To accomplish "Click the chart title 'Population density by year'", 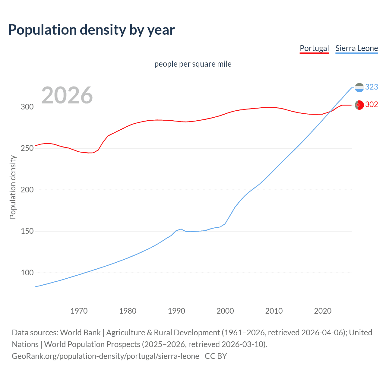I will [91, 30].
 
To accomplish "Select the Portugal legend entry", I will [314, 48].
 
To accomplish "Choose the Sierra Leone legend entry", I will [356, 48].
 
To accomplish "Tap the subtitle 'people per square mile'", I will [193, 64].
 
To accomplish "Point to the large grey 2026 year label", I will [67, 95].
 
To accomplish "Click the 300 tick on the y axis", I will [27, 107].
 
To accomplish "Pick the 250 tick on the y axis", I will [27, 148].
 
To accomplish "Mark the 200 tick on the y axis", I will [27, 190].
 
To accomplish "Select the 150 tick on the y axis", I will [27, 231].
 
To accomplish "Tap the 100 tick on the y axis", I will [27, 273].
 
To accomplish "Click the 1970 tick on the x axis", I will [79, 311].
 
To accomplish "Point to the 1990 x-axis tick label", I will [176, 311].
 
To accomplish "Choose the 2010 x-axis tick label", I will [274, 311].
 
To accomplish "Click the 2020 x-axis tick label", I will [323, 311].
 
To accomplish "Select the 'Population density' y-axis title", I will [13, 187].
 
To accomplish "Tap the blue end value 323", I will [372, 87].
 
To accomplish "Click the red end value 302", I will [372, 105].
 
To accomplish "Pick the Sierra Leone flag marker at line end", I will [359, 87].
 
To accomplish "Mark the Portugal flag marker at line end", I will [359, 105].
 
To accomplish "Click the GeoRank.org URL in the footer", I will [106, 356].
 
